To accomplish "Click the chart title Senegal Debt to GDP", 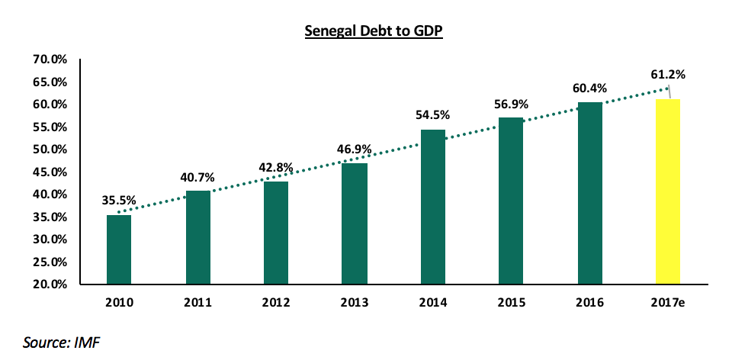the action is (374, 31).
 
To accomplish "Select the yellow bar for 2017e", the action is (668, 191).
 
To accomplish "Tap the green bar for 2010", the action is (119, 249).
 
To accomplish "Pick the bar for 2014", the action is (433, 207).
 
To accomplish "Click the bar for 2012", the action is (276, 233).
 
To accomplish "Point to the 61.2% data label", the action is (668, 74).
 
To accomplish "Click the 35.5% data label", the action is (119, 201).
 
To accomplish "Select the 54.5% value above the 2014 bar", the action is (433, 115).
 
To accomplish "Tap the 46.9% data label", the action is (355, 149).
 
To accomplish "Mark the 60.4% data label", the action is (589, 88).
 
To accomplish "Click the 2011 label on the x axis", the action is (197, 303).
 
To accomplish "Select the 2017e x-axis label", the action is (668, 303).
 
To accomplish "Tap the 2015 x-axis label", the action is (511, 303).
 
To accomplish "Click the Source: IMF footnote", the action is (62, 342).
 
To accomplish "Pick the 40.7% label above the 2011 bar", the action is (197, 178).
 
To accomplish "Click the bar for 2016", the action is (589, 193).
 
